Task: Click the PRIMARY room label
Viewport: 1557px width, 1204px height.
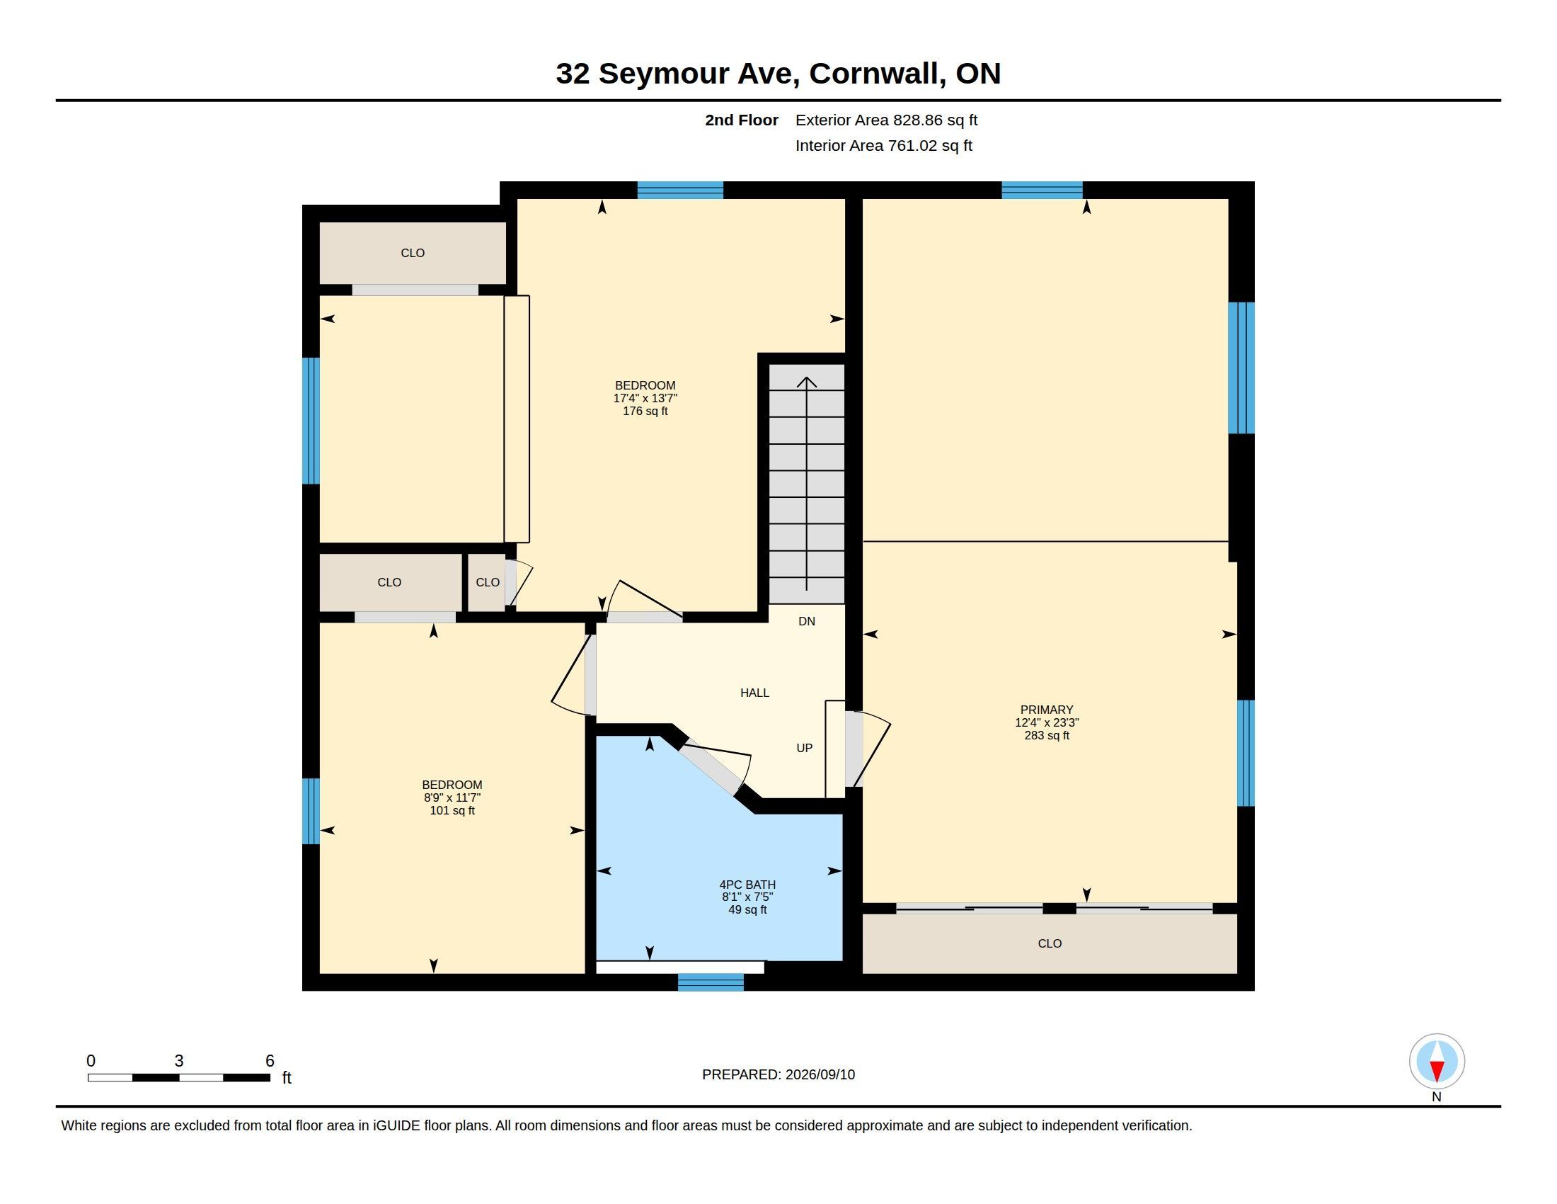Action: (1047, 710)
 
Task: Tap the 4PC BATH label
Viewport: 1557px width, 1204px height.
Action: (747, 885)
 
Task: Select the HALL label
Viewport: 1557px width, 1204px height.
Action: (754, 693)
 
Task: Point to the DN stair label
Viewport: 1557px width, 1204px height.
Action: (806, 621)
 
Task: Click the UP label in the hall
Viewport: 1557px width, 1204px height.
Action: (804, 748)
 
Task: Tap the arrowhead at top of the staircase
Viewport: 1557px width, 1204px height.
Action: (806, 382)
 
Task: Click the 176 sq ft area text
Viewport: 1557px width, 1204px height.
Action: (645, 411)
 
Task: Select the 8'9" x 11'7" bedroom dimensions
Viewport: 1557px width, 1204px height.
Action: (452, 797)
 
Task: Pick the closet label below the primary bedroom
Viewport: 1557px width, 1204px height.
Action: (1050, 943)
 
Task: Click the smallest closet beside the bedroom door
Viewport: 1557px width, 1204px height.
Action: (487, 583)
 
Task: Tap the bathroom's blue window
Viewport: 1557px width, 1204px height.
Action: (710, 982)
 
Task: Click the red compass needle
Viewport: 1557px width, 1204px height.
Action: (1437, 1071)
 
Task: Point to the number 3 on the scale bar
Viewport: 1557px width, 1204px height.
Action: (179, 1061)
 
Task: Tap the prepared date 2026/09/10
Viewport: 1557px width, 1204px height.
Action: (820, 1074)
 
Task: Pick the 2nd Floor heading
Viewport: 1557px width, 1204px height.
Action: (742, 120)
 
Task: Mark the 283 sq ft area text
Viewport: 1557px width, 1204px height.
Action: (1047, 735)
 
